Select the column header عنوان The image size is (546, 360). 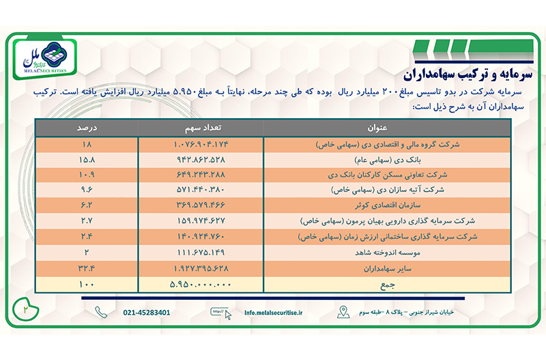point(379,128)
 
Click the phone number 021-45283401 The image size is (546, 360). point(147,313)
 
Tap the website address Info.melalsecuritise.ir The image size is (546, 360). point(274,313)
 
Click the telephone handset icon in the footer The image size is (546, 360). point(101,313)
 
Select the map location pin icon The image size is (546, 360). point(343,313)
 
